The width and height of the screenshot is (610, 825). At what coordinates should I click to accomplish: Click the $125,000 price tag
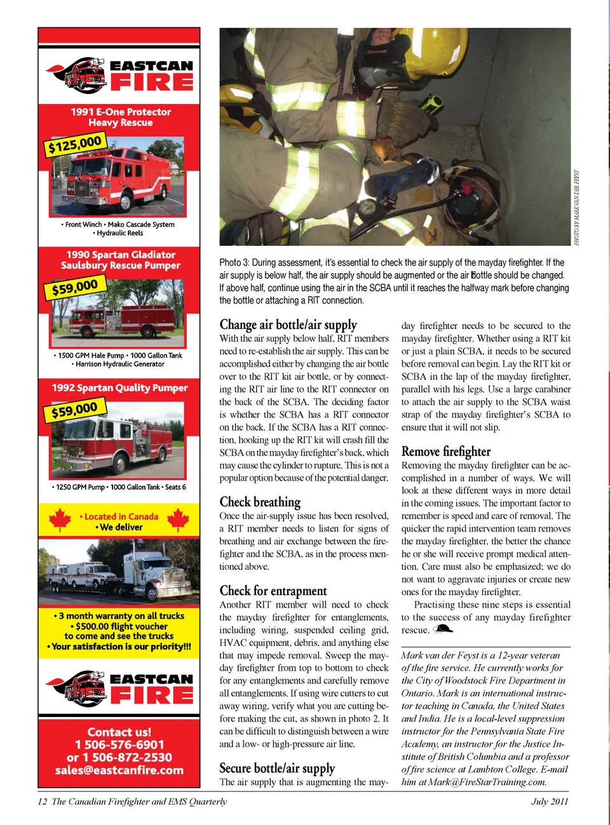pos(75,145)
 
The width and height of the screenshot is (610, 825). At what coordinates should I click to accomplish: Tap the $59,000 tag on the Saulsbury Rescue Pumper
pos(75,288)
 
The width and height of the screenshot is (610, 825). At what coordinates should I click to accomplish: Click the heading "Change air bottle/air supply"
pos(288,325)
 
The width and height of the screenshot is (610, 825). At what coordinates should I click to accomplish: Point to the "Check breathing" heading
pos(260,502)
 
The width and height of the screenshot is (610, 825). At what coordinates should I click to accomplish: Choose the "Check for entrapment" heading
pos(273,591)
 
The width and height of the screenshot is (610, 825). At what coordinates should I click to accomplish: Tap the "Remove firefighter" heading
pos(446,452)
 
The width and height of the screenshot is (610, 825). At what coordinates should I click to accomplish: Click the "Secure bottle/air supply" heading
pos(277,768)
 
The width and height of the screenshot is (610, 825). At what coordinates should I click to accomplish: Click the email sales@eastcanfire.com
pos(119,770)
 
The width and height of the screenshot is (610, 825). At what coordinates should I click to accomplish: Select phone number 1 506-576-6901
pos(119,744)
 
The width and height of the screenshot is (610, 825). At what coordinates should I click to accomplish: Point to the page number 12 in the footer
pos(42,802)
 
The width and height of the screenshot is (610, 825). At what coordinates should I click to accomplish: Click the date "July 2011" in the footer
pos(550,802)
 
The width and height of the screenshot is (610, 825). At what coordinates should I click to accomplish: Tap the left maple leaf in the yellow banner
pos(59,520)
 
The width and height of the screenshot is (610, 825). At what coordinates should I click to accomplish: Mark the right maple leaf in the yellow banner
pos(178,520)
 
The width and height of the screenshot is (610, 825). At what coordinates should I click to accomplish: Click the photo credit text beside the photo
pos(577,207)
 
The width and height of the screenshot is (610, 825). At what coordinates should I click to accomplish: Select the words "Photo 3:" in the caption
pos(234,262)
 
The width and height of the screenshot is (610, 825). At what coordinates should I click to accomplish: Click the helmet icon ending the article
pos(443,629)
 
